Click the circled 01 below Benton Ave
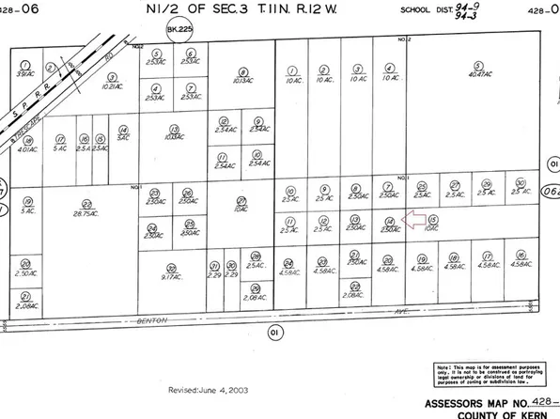tap(275, 331)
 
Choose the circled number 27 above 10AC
tap(241, 201)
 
